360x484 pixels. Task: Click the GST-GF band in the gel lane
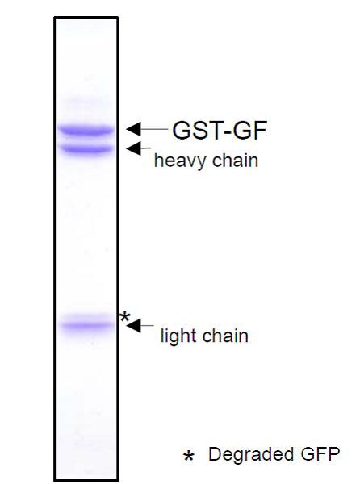[86, 130]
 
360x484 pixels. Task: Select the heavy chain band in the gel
[86, 149]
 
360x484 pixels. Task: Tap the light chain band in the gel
[86, 325]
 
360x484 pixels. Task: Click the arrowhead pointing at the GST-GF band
[133, 129]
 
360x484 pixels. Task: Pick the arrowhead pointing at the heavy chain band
[133, 148]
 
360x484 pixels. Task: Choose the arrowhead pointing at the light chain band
[133, 326]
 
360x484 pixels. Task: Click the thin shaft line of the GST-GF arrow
[154, 129]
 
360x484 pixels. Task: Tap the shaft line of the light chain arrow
[147, 326]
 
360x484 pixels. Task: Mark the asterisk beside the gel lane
[125, 316]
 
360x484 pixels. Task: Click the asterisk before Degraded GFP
[188, 456]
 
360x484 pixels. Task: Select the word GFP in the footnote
[320, 454]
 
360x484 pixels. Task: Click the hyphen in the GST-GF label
[227, 132]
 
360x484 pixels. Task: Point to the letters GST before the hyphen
[197, 130]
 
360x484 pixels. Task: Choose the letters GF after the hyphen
[249, 130]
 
